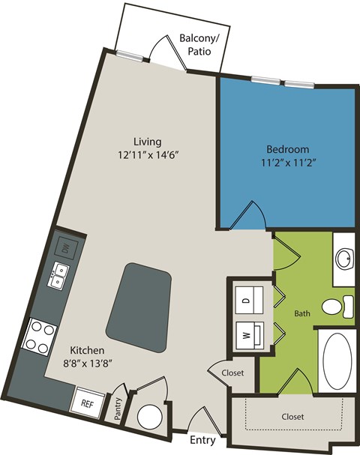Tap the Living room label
point(147,142)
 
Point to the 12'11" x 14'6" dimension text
point(147,156)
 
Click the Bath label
point(301,313)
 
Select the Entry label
point(203,440)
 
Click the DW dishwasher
point(65,247)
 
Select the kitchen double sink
point(59,277)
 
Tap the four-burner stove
point(40,337)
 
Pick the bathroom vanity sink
point(344,259)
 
